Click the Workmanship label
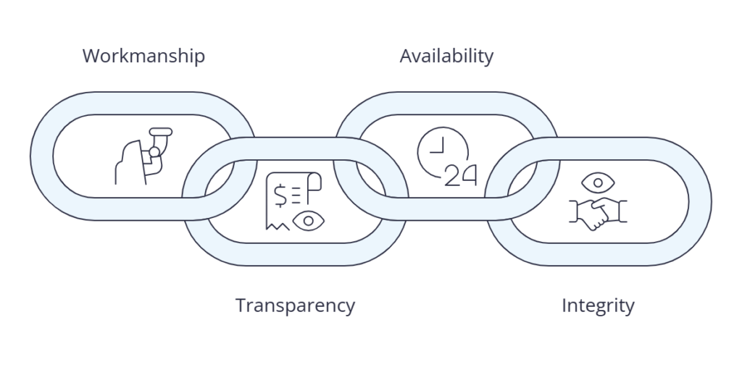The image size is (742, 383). coord(144,56)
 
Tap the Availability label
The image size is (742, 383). coord(446,56)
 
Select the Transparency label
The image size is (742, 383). coord(296,306)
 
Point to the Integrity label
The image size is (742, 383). coord(598,306)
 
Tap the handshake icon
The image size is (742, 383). coord(598,214)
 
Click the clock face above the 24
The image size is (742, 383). coord(442,151)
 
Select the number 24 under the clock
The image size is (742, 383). coord(460,175)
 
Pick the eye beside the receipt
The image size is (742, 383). coord(309,221)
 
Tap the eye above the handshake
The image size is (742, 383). coord(598,182)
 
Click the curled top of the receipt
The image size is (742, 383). coord(314,181)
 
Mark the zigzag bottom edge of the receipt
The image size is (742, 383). coord(278,226)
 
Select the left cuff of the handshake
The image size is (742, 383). coord(574,211)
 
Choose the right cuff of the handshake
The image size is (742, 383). coord(622,211)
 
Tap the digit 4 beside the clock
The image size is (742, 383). coord(469,175)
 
